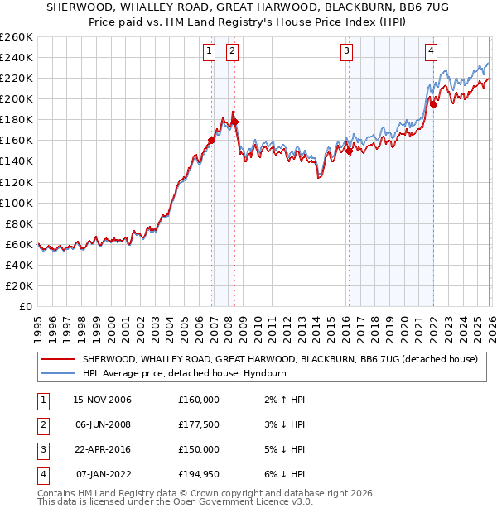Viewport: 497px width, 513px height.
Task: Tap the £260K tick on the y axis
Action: (16, 37)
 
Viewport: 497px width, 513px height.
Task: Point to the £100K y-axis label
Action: (16, 203)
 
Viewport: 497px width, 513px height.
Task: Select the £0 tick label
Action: (25, 306)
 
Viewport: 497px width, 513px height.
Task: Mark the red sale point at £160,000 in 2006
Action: (211, 140)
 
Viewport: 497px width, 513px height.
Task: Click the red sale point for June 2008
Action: (234, 122)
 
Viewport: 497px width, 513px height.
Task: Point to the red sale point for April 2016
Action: (349, 151)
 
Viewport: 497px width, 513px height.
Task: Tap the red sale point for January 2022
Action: (432, 103)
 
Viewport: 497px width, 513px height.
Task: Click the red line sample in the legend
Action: (57, 360)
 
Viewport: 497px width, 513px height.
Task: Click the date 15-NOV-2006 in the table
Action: (102, 400)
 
